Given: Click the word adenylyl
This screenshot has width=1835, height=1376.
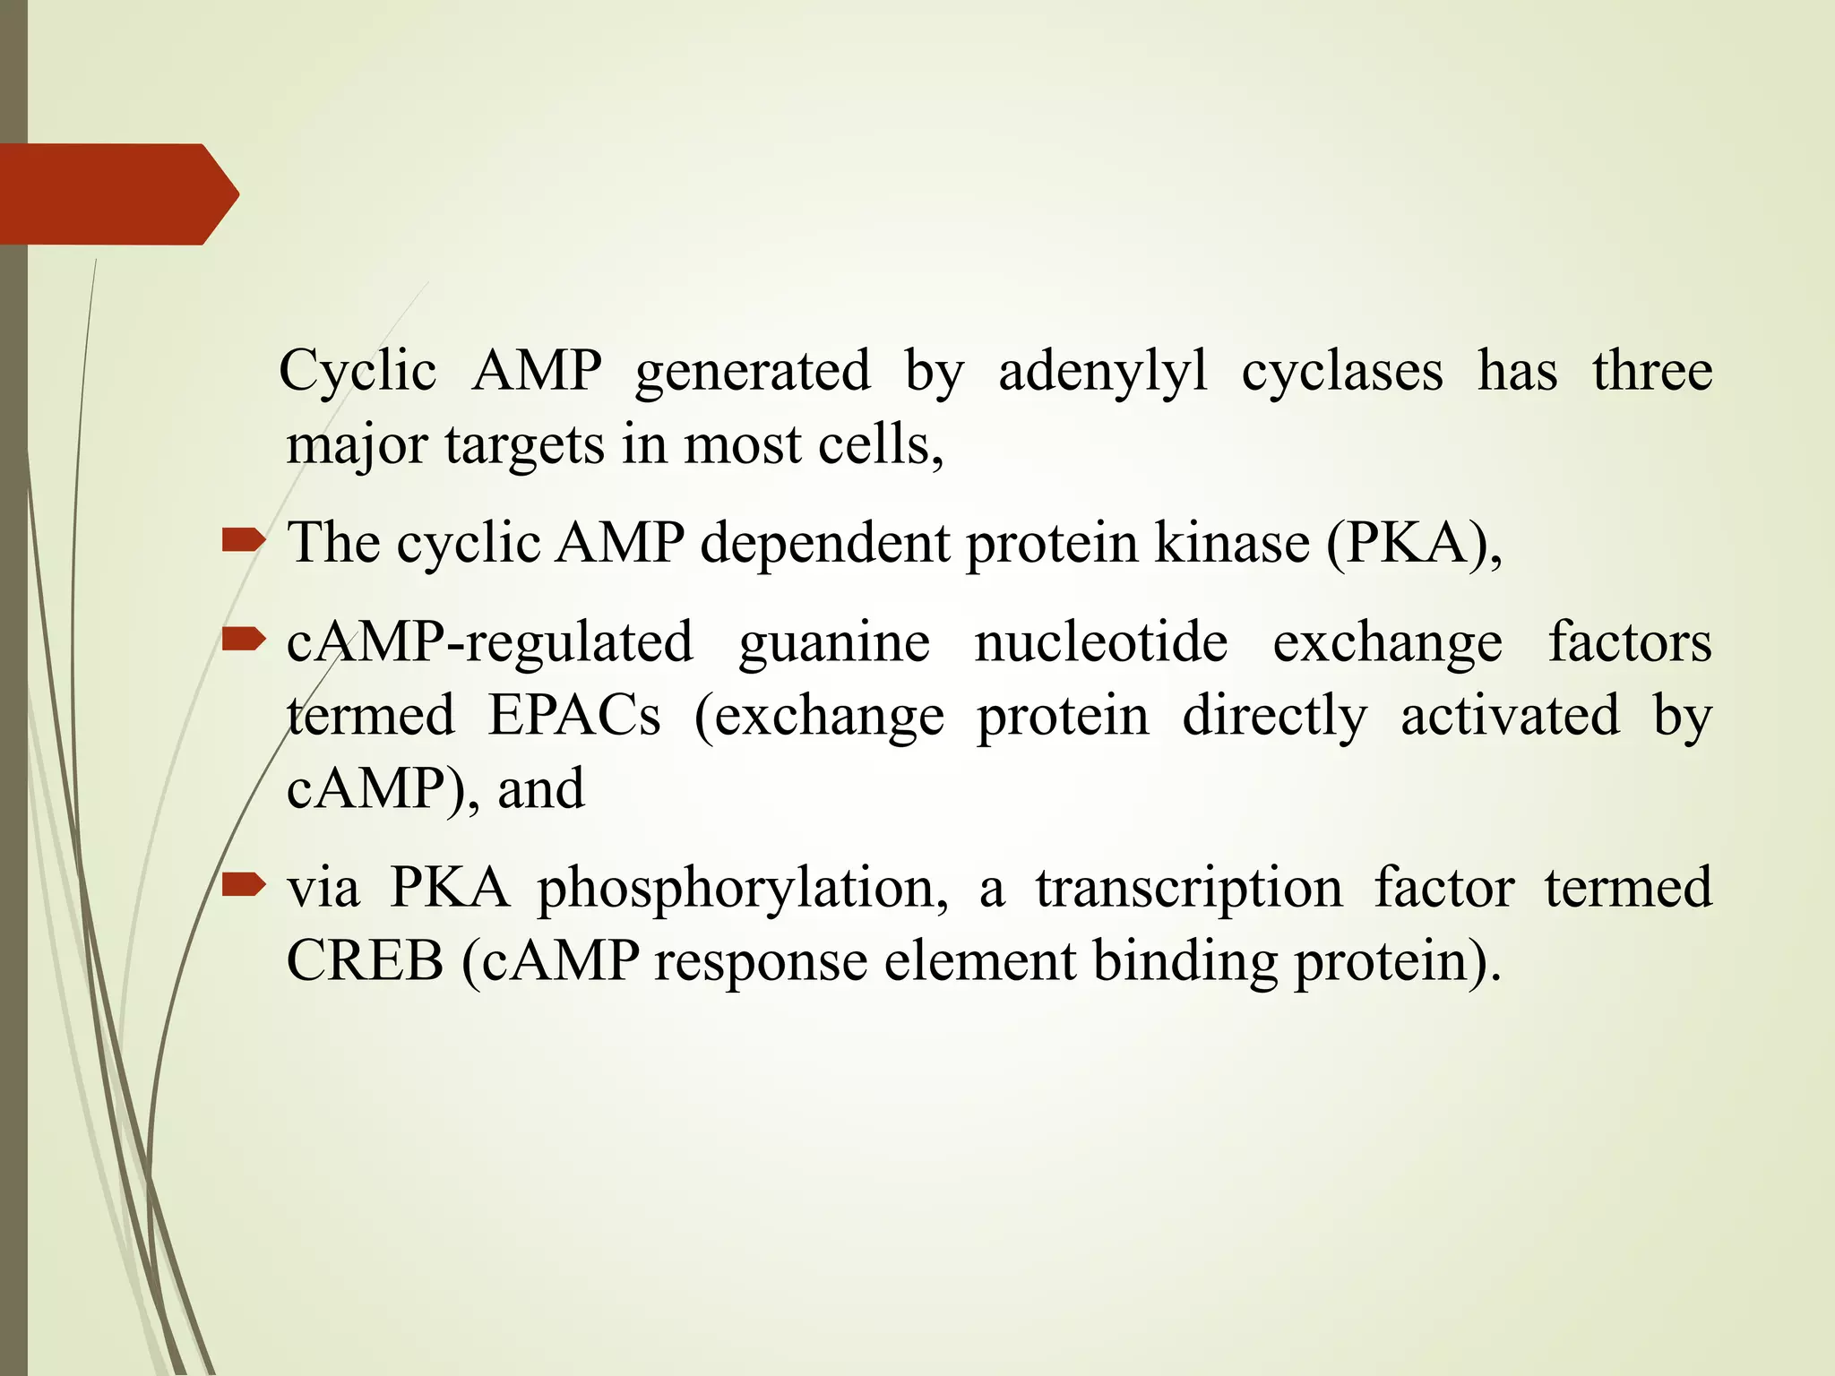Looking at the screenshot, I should click(x=1102, y=372).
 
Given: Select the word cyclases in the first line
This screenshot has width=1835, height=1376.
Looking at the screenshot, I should click(x=1341, y=371).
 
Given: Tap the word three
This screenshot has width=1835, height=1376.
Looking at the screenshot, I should click(x=1652, y=371).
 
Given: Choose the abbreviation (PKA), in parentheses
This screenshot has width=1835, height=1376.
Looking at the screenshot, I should click(x=1413, y=543).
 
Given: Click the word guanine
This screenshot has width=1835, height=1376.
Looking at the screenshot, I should click(x=833, y=643).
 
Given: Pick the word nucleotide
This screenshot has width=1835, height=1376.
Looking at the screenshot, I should click(x=1100, y=642).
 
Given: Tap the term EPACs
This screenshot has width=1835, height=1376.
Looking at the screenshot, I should click(x=573, y=716).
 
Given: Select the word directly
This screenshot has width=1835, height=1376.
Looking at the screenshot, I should click(x=1274, y=716).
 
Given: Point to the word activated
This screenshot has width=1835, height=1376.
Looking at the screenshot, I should click(x=1510, y=716).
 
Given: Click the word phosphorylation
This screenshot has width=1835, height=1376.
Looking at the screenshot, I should click(x=743, y=889).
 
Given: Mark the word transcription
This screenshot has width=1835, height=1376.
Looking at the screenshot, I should click(x=1189, y=889).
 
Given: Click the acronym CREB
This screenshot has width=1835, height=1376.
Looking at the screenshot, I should click(x=365, y=961).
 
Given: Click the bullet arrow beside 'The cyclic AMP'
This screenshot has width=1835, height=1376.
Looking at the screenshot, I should click(x=243, y=539).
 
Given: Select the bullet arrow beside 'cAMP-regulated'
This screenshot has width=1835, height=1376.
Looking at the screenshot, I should click(x=243, y=639).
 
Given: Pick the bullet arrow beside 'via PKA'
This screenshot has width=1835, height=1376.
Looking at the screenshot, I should click(x=243, y=885).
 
